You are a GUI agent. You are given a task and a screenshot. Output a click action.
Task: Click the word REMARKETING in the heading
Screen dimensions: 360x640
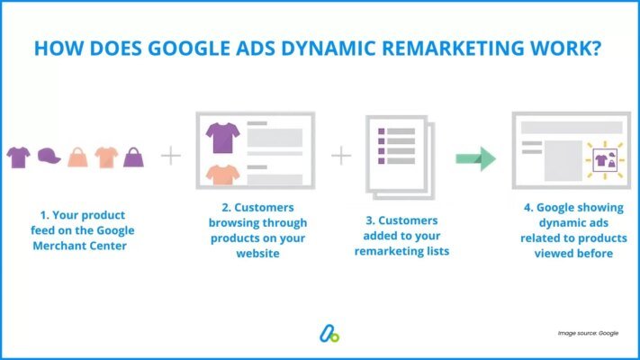419,48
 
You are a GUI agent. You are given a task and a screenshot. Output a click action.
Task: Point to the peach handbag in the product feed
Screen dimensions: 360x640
78,157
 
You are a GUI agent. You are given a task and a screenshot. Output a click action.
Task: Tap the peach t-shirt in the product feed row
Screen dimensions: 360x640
107,157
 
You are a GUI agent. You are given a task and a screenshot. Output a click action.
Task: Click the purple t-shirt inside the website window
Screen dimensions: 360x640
221,137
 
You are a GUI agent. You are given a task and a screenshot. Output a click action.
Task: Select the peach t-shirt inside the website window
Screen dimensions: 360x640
221,174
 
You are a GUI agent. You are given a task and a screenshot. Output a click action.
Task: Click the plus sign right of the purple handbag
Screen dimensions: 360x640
171,157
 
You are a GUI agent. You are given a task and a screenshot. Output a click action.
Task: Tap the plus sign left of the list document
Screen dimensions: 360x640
341,157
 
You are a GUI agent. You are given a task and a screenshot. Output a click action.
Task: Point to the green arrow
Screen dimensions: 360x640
474,160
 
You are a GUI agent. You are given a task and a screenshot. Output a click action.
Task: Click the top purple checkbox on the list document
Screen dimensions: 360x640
382,132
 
